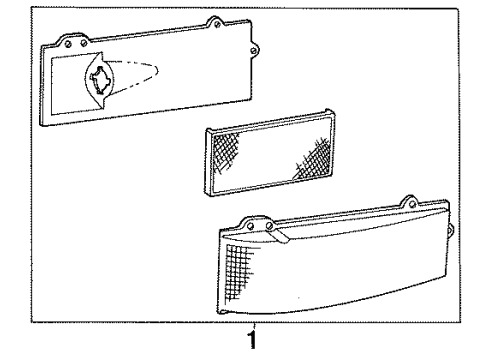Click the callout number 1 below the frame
[253, 340]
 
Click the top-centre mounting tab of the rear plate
[212, 21]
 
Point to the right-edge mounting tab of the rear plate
[255, 47]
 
